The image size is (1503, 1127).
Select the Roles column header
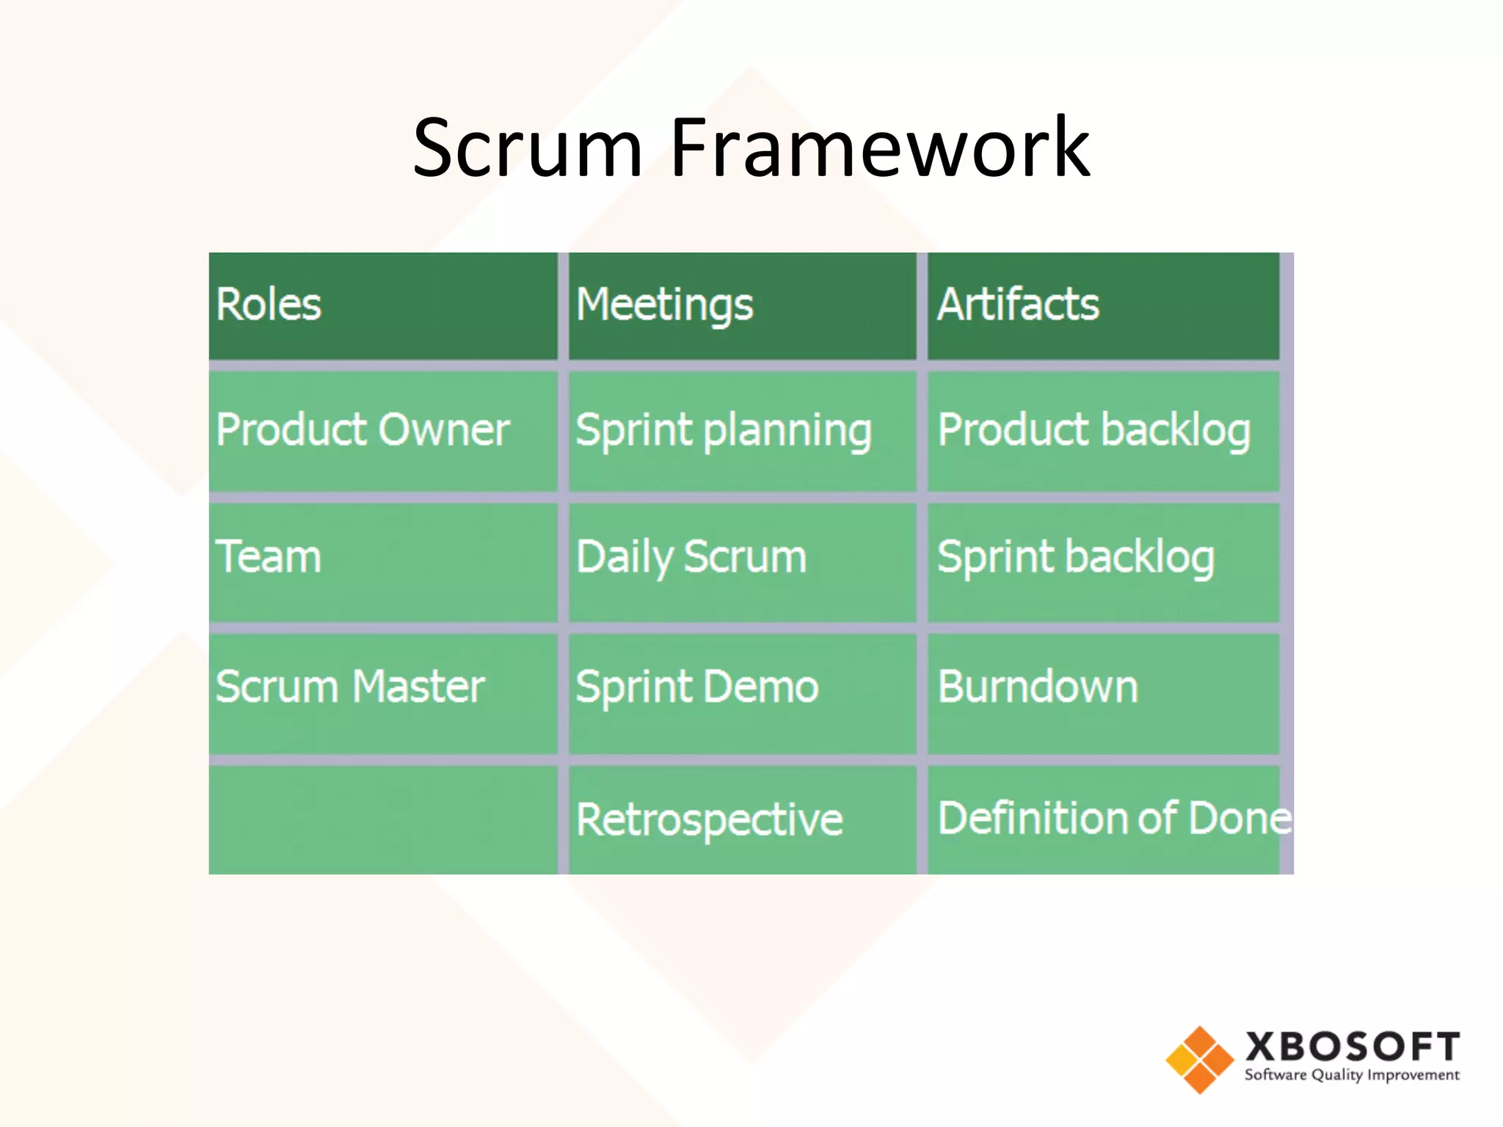(x=382, y=305)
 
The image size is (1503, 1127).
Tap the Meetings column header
(x=742, y=305)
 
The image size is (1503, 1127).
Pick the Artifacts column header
(x=1102, y=305)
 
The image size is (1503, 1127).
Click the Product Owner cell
(x=382, y=431)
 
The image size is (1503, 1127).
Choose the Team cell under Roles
(x=382, y=561)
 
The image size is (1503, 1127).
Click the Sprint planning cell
(x=742, y=431)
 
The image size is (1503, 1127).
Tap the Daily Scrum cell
(x=742, y=561)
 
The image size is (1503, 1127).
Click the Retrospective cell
(x=742, y=820)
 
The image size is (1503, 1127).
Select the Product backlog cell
(x=1102, y=431)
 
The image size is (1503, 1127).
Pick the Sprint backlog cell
(x=1102, y=561)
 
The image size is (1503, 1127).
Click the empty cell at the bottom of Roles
(x=382, y=820)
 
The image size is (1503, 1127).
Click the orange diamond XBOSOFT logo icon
(x=1199, y=1059)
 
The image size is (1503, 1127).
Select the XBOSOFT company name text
(x=1352, y=1046)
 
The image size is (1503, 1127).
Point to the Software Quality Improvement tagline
(x=1352, y=1076)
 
